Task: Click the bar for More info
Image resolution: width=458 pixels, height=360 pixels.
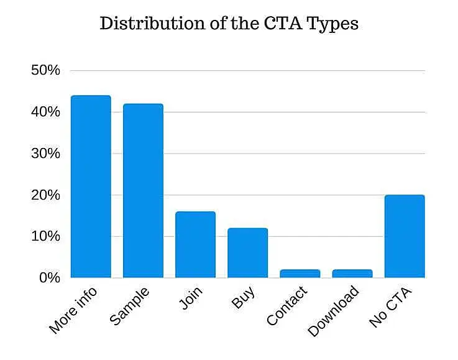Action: coord(91,187)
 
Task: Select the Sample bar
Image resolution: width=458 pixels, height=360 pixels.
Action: coord(143,191)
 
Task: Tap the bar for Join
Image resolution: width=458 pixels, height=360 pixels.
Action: coord(195,244)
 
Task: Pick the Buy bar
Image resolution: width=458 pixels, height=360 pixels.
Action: coord(247,252)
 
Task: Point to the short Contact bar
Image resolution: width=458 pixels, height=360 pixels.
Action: coord(300,274)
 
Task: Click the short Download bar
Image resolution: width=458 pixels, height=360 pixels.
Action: coord(352,274)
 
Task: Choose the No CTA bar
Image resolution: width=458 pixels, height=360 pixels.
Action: coord(405,236)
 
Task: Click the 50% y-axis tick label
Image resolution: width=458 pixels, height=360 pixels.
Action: coord(45,70)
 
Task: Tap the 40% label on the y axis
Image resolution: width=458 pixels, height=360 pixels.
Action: coord(45,112)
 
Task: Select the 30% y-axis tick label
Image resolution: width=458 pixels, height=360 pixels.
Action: coord(45,154)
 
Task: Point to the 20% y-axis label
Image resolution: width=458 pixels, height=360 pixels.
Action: coord(45,195)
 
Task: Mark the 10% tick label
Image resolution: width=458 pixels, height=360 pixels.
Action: coord(45,236)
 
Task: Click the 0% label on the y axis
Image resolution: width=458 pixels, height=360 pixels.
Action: coord(48,277)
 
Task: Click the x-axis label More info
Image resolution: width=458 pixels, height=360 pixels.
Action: coord(73,309)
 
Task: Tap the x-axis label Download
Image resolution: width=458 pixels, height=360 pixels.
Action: coord(334,310)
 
